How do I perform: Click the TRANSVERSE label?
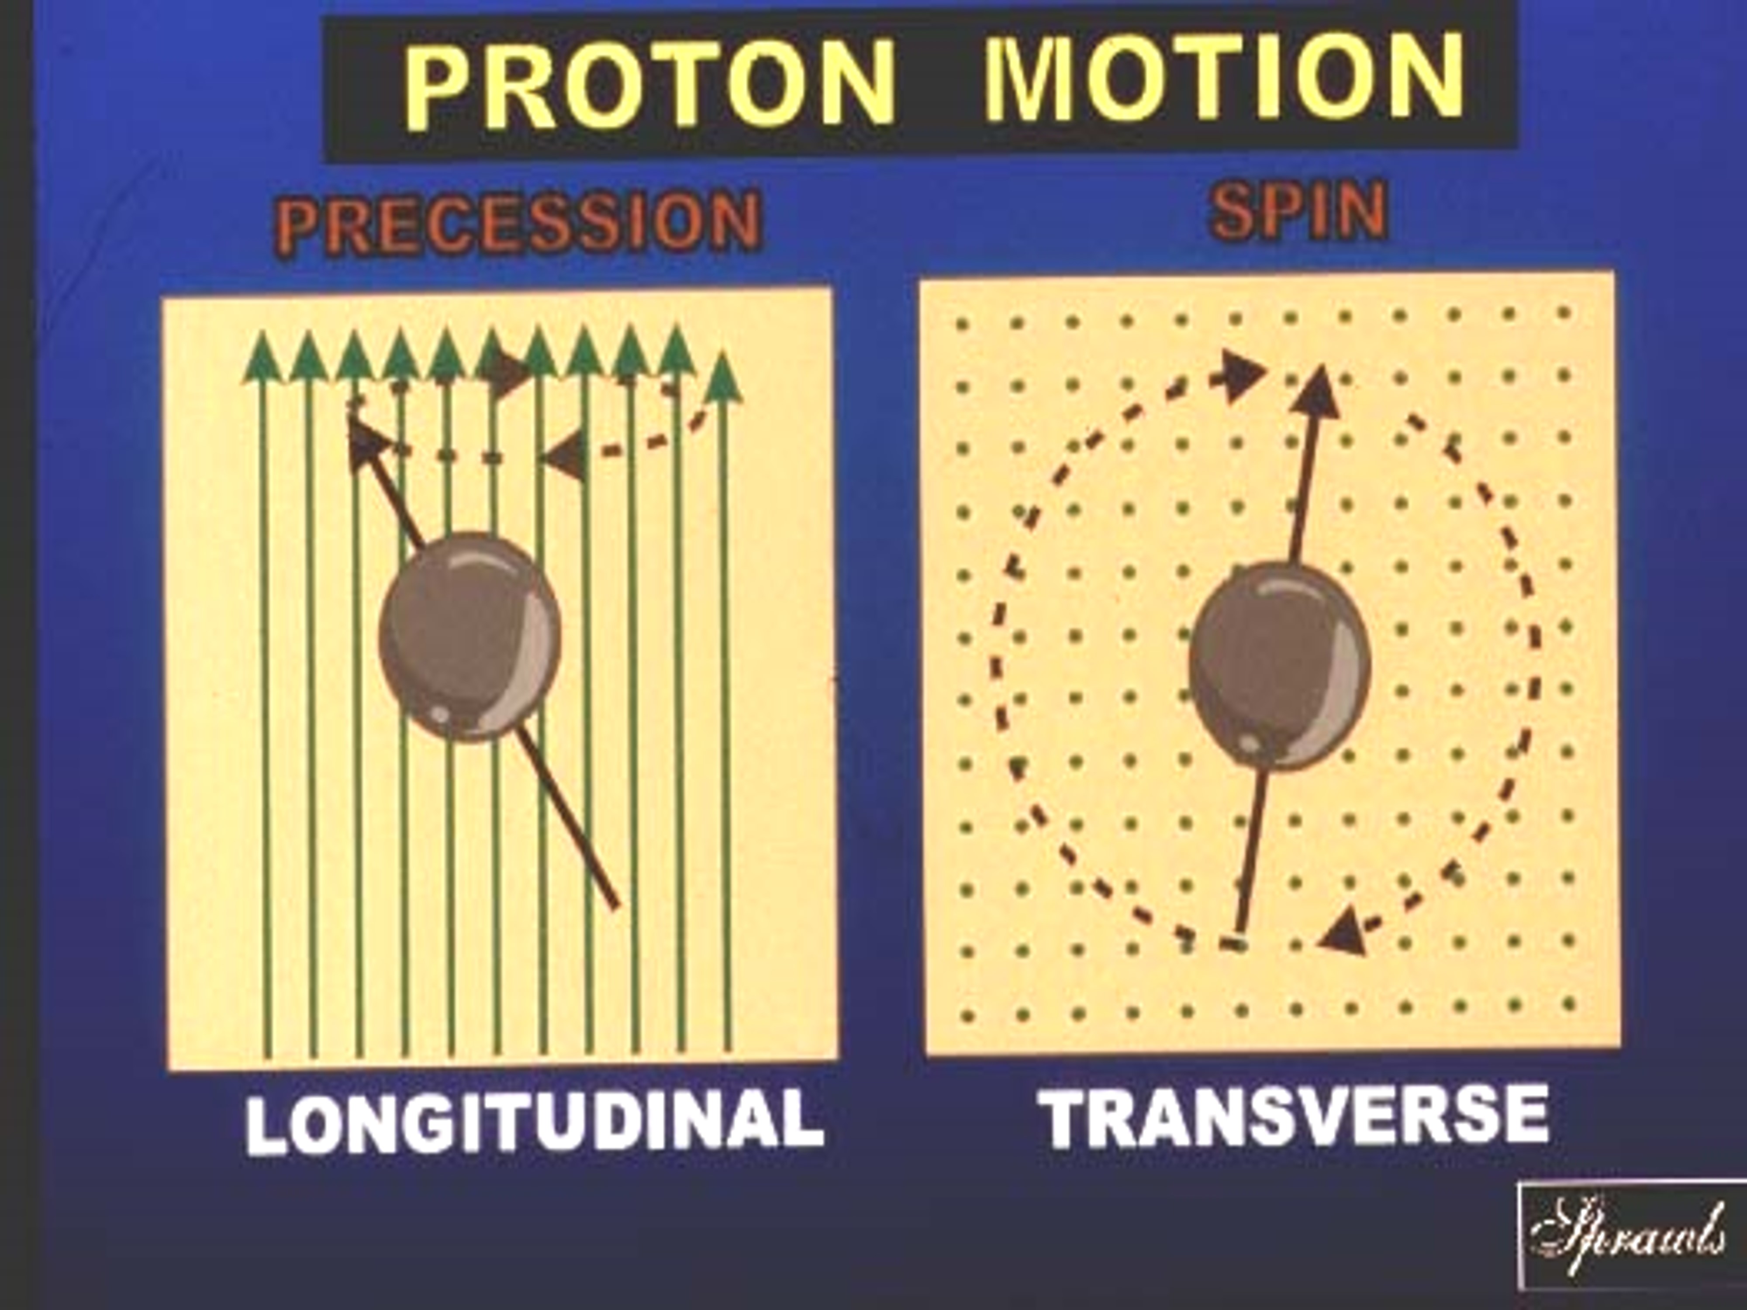tap(1296, 1114)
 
